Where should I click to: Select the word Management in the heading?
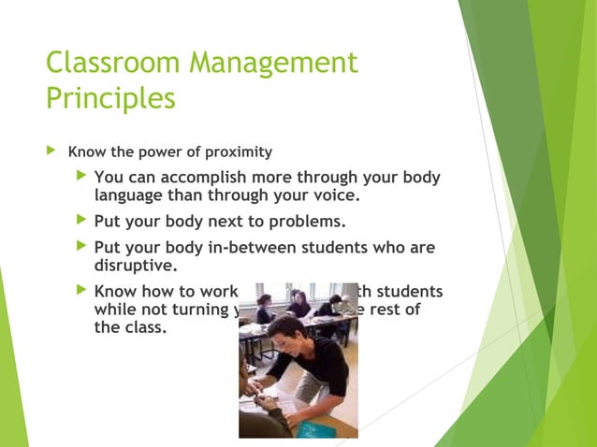point(273,64)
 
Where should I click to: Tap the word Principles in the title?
point(110,98)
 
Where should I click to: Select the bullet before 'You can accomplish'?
point(80,177)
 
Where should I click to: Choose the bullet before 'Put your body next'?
point(80,222)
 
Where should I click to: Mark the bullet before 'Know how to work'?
point(80,291)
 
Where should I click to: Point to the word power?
point(163,151)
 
